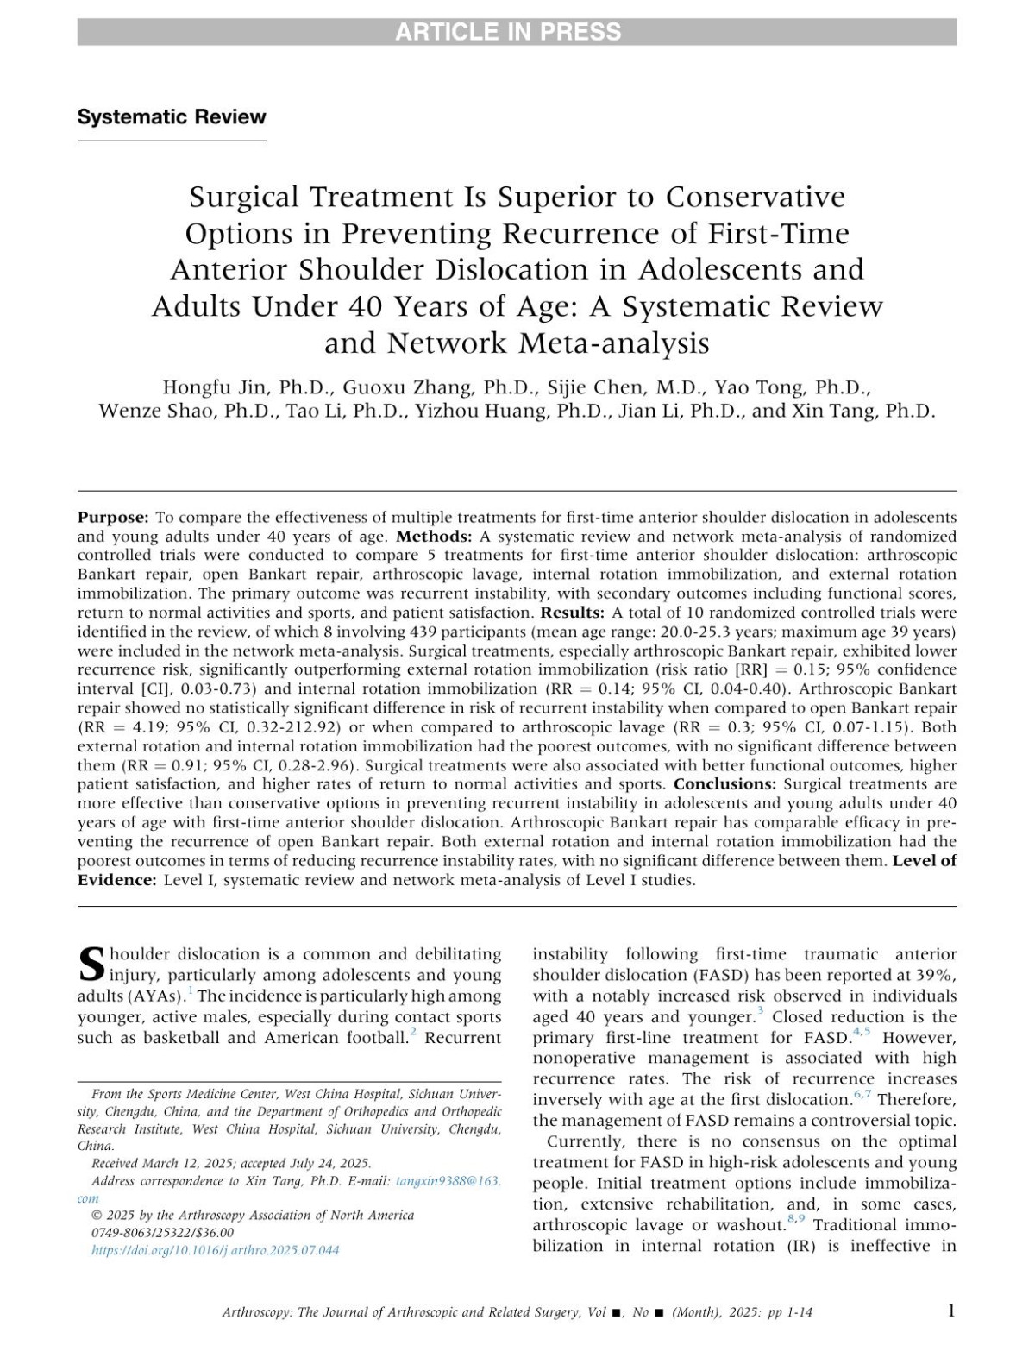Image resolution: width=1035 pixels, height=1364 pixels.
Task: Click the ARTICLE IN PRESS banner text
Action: click(508, 32)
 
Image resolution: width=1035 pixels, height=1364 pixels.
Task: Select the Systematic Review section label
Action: click(172, 116)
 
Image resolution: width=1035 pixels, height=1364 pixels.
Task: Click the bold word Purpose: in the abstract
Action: click(113, 517)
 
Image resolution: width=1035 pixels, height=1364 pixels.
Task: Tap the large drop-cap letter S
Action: click(91, 965)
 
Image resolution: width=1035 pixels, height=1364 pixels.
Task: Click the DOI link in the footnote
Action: click(216, 1249)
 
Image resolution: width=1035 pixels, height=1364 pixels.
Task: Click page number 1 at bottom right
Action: click(950, 1311)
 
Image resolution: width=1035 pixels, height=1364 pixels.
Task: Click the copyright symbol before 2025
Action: click(97, 1215)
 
